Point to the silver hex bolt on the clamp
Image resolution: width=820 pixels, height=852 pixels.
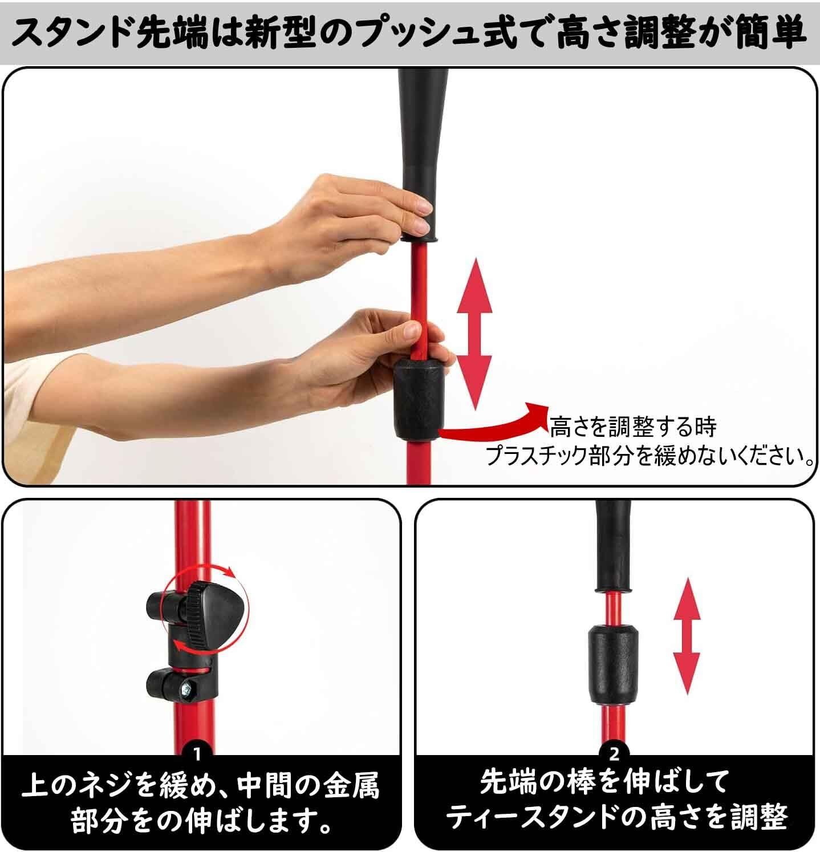(x=189, y=689)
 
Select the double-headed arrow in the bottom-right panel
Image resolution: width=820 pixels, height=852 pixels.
(x=687, y=634)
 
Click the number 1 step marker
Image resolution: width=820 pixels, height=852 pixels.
(x=197, y=754)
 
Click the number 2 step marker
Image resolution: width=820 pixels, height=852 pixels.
(x=614, y=754)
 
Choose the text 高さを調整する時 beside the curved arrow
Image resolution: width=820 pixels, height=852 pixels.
(x=633, y=427)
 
